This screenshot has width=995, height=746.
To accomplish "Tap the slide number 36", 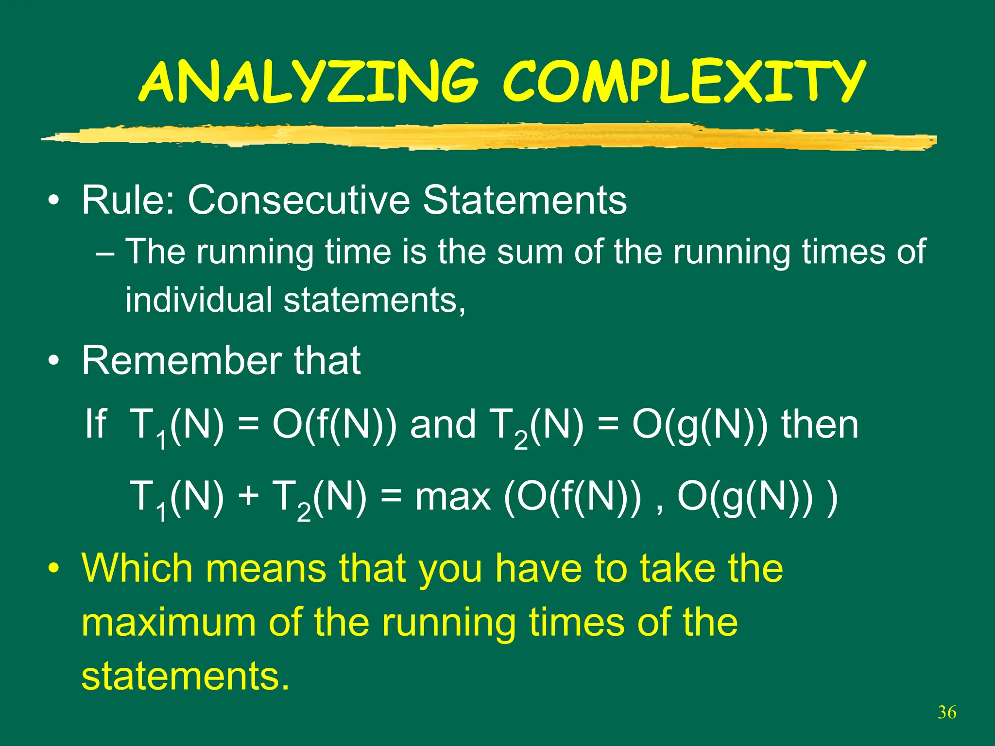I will click(946, 712).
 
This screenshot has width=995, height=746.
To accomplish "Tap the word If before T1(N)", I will click(95, 424).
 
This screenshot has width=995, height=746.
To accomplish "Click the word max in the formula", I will click(452, 498).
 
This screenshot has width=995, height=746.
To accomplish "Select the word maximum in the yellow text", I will click(168, 623).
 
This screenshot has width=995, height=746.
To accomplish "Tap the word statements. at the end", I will click(185, 677).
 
